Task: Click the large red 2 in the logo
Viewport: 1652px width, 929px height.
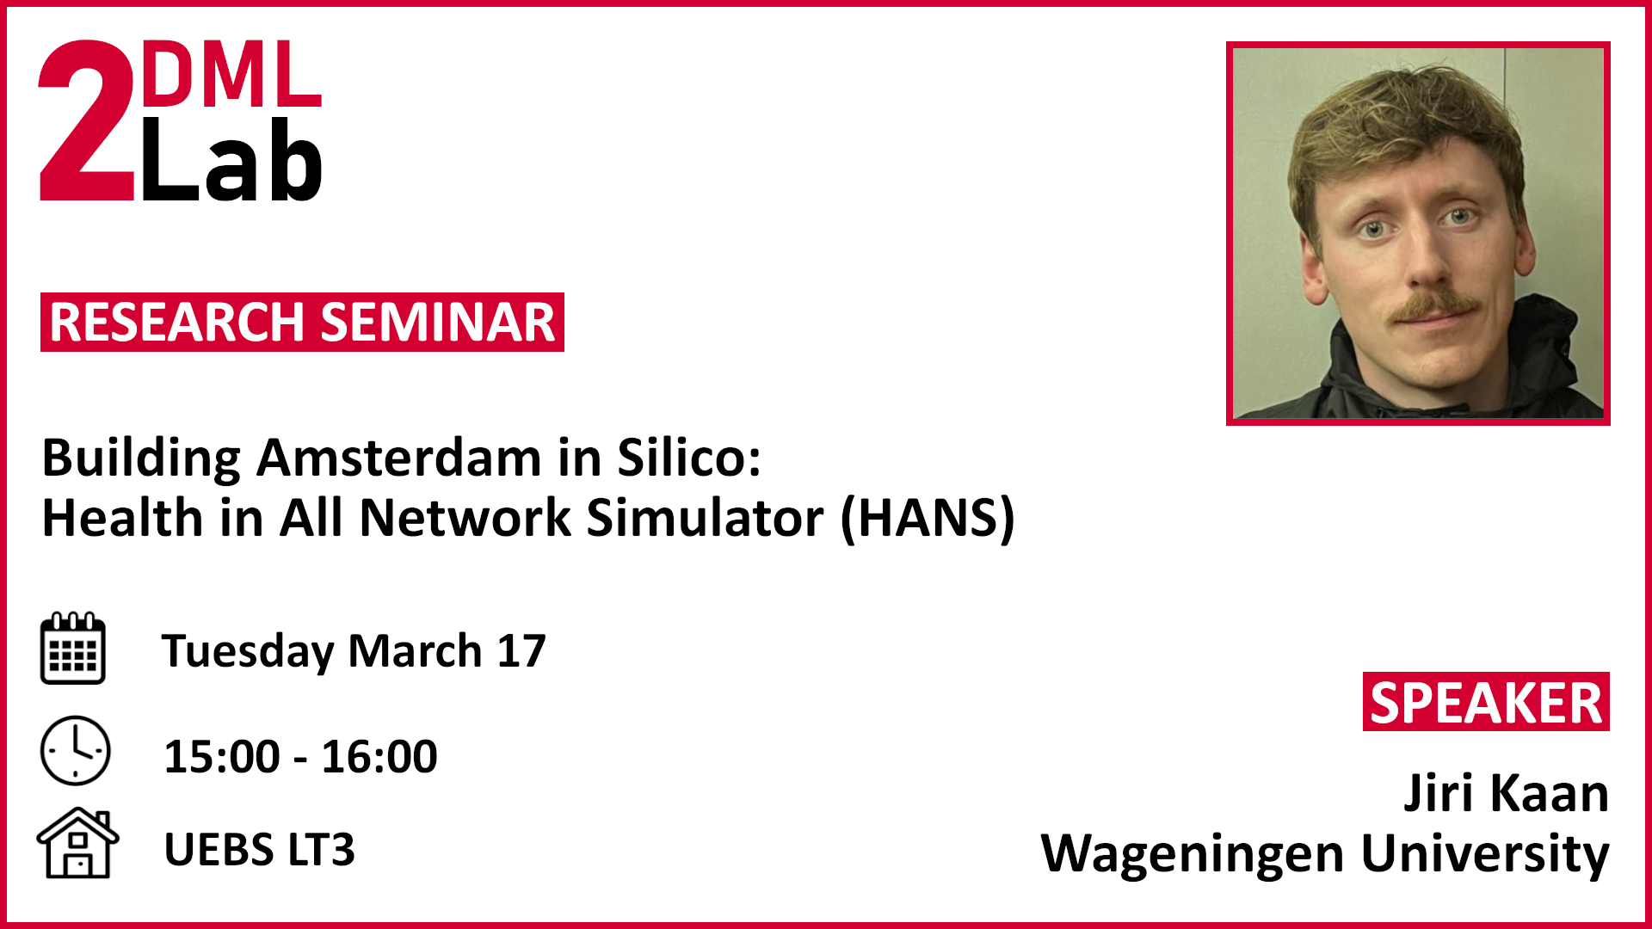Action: [86, 120]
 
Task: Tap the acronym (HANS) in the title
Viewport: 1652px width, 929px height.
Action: [928, 518]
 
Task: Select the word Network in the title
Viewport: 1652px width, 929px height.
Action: [465, 518]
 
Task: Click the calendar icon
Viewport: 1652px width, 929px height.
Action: [73, 648]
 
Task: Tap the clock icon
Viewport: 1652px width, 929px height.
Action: [76, 751]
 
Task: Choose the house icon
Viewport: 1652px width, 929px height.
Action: [77, 843]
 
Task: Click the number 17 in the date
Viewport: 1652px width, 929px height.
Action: [521, 651]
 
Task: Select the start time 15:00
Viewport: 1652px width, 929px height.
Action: [222, 757]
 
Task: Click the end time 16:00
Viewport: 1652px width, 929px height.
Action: [379, 757]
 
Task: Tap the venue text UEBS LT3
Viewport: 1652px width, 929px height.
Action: [259, 850]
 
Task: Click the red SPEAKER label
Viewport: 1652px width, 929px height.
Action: [1486, 703]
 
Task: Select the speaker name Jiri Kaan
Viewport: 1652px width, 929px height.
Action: [1506, 793]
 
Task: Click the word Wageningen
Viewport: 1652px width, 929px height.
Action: [1193, 856]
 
